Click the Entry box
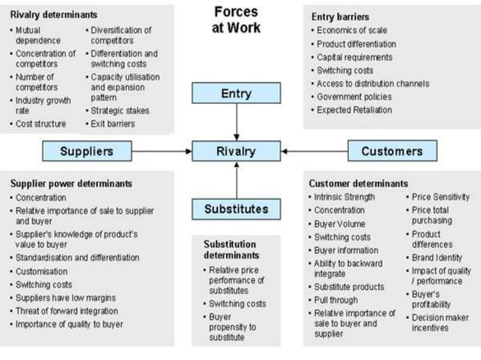click(236, 93)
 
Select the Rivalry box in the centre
click(236, 151)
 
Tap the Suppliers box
click(88, 151)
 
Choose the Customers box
click(391, 151)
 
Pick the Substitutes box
click(236, 209)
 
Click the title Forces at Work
click(237, 20)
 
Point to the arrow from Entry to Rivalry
click(236, 121)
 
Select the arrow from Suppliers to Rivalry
click(163, 151)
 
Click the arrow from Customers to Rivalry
click(314, 151)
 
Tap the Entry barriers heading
click(340, 17)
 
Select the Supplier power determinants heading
click(72, 183)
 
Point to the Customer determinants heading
click(358, 183)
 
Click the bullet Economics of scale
click(352, 30)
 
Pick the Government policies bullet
click(355, 96)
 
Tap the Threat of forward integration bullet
click(67, 310)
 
